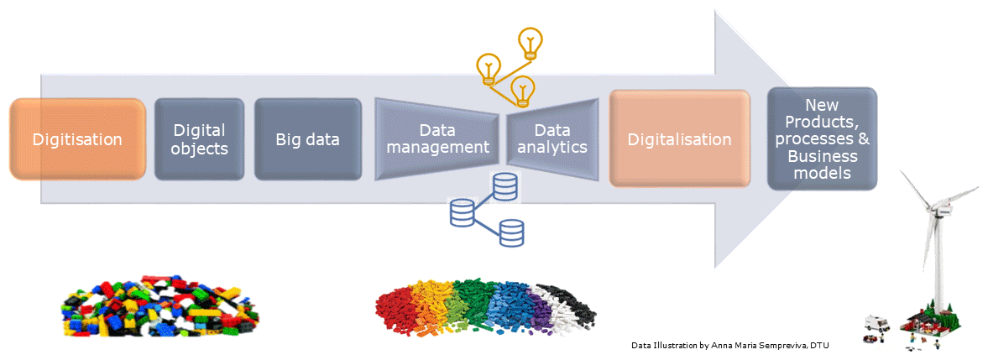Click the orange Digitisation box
point(78,138)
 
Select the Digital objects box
point(199,138)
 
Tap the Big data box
point(307,138)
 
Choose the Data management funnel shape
point(436,138)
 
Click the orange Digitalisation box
point(679,138)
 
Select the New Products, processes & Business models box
point(823,138)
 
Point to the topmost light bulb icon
point(530,41)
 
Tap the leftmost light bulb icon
point(489,67)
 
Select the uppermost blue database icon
point(505,186)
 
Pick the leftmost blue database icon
point(463,213)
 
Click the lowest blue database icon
point(511,232)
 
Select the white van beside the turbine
point(876,324)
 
